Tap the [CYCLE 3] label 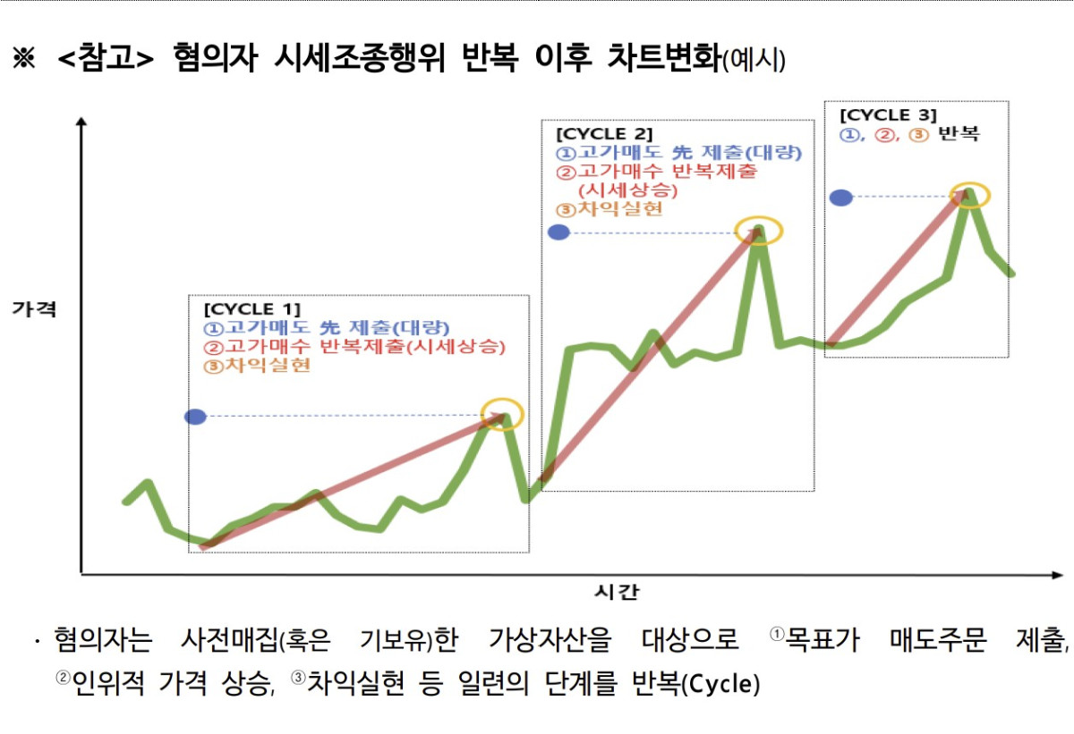888,115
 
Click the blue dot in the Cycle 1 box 195,417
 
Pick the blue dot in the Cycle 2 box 558,232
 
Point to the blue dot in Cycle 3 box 840,198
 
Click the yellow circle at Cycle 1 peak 501,414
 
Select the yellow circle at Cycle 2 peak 759,231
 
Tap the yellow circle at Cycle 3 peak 970,196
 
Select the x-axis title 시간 618,591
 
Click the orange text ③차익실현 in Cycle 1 258,365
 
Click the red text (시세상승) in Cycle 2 627,190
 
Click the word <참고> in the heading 107,60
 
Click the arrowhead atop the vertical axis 81,122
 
